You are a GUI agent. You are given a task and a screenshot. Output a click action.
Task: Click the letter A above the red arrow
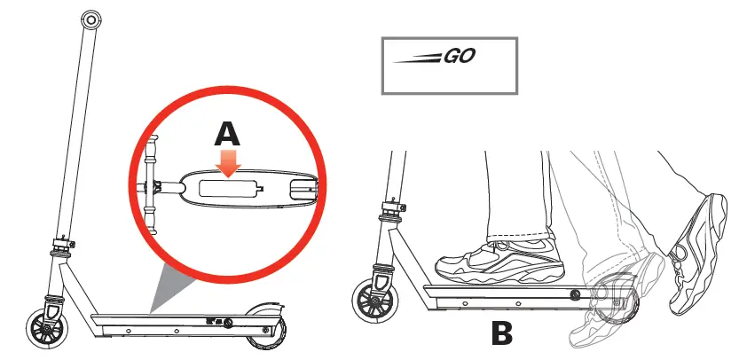tap(228, 134)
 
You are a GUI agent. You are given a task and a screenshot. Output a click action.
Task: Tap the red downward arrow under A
tap(230, 163)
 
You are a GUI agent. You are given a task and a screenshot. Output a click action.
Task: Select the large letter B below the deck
tap(502, 335)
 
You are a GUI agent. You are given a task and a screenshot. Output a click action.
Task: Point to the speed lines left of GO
tap(417, 59)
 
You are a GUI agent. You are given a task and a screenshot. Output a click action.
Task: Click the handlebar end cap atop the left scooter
tap(89, 20)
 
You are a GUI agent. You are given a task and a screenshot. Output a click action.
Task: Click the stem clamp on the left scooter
tap(61, 245)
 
